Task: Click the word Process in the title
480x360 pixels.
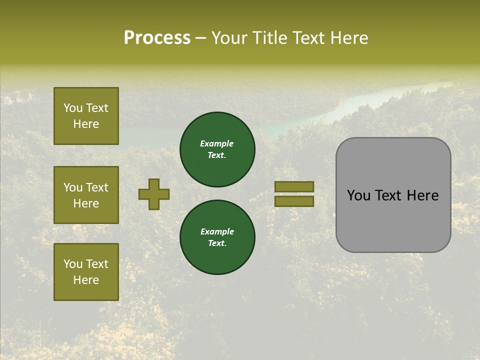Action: click(x=157, y=38)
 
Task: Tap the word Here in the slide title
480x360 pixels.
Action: click(x=349, y=38)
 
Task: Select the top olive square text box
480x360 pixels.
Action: click(x=86, y=116)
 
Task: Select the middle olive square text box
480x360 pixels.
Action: click(x=86, y=195)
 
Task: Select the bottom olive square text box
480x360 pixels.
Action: click(x=86, y=271)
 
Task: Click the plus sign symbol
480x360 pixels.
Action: click(x=154, y=194)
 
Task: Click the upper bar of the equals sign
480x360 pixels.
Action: click(x=294, y=187)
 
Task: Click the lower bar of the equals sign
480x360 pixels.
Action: click(x=294, y=201)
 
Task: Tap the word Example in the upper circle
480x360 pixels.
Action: click(x=217, y=143)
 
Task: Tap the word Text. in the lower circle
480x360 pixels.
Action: click(x=217, y=243)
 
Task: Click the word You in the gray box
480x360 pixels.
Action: click(x=358, y=195)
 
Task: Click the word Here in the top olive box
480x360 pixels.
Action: click(x=86, y=124)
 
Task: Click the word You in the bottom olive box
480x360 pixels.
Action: click(x=72, y=264)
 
